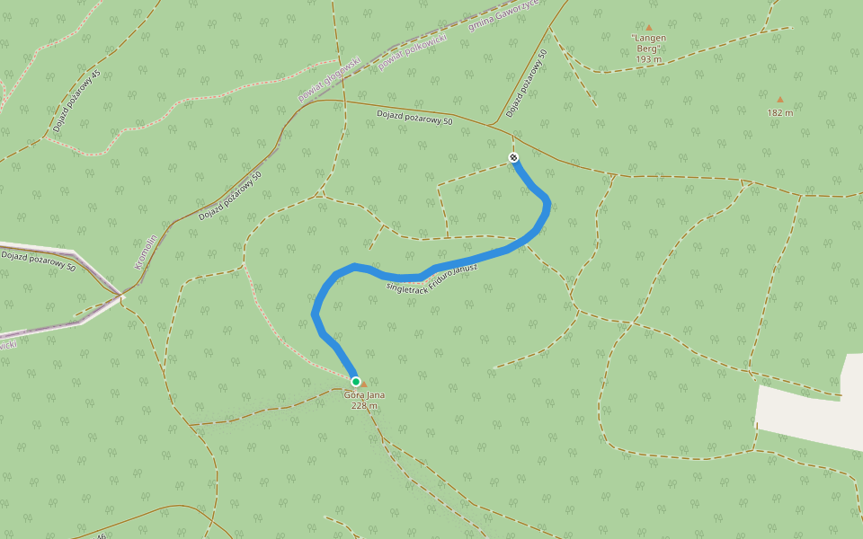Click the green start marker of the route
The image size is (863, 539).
pyautogui.click(x=356, y=382)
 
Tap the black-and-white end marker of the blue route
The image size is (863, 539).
pyautogui.click(x=513, y=158)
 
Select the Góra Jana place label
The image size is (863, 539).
pyautogui.click(x=360, y=394)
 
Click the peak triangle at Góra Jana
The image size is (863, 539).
pyautogui.click(x=364, y=384)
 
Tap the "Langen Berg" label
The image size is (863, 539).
pyautogui.click(x=649, y=43)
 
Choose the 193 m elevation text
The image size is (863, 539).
pyautogui.click(x=648, y=59)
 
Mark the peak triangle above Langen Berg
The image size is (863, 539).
pyautogui.click(x=648, y=27)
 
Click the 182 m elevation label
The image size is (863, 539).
pyautogui.click(x=780, y=113)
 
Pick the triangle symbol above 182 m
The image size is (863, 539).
pyautogui.click(x=780, y=100)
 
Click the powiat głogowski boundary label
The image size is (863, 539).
pyautogui.click(x=329, y=78)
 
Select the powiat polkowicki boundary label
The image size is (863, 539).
pyautogui.click(x=413, y=46)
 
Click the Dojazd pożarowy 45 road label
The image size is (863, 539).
pyautogui.click(x=77, y=101)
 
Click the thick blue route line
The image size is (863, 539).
pyautogui.click(x=467, y=259)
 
